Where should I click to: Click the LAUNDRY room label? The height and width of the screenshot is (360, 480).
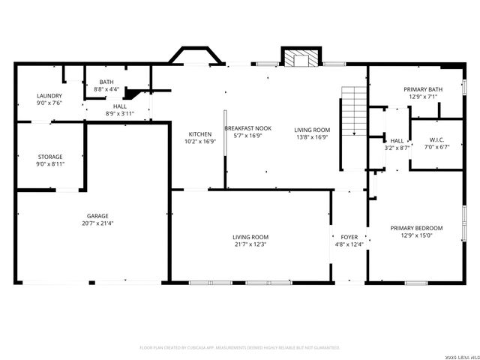click(49, 96)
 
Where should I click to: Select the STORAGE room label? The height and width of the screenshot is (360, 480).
click(49, 157)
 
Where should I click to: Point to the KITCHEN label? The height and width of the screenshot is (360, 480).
click(199, 134)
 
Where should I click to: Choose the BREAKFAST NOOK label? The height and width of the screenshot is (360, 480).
click(247, 128)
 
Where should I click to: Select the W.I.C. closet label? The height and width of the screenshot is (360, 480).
click(437, 139)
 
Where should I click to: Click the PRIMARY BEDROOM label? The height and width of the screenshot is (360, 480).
click(416, 228)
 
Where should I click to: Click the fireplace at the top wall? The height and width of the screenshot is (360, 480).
click(299, 58)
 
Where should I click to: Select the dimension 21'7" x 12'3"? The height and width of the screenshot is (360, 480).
click(250, 244)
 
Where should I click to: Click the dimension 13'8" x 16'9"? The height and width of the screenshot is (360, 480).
click(311, 136)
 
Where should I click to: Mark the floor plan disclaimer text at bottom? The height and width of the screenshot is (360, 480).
click(240, 347)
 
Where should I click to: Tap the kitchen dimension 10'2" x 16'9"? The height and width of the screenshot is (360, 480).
click(199, 141)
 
